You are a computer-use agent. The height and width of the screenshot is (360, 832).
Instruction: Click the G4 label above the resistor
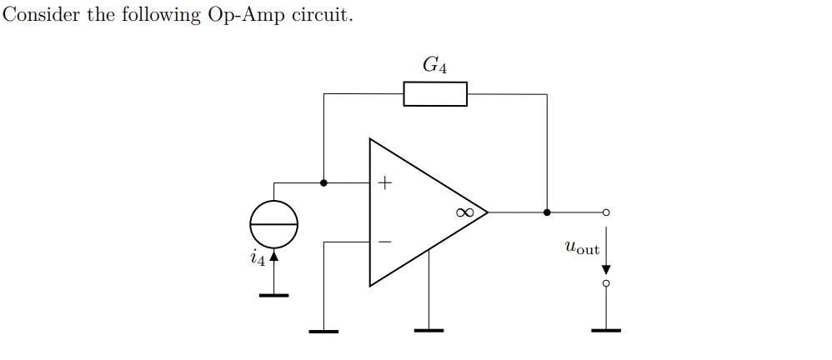coord(434,65)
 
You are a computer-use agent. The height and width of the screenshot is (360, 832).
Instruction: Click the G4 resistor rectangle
coord(435,94)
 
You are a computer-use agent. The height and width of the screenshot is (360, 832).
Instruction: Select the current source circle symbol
coord(273,225)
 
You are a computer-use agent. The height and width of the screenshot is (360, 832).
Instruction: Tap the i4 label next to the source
coord(258,258)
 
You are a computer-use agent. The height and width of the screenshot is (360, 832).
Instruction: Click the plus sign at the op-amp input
coord(384,182)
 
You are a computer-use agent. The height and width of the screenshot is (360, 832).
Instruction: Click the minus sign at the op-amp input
coord(384,242)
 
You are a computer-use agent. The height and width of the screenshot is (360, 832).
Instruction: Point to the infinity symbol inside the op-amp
coord(465,212)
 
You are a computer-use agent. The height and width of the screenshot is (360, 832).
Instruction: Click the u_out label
coord(581,247)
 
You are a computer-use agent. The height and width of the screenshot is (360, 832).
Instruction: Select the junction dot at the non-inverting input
coord(323,182)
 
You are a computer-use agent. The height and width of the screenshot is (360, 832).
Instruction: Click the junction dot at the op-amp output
coord(547,212)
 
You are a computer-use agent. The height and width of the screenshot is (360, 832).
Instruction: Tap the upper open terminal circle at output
coord(606,212)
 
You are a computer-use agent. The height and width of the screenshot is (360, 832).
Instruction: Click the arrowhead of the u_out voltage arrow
coord(606,269)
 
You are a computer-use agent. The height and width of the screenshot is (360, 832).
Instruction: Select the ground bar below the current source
coord(273,295)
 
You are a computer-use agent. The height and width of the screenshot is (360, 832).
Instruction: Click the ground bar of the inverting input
coord(323,332)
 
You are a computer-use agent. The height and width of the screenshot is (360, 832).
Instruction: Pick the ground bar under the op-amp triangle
coord(429,331)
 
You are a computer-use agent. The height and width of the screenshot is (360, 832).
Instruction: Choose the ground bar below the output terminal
coord(606,331)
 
